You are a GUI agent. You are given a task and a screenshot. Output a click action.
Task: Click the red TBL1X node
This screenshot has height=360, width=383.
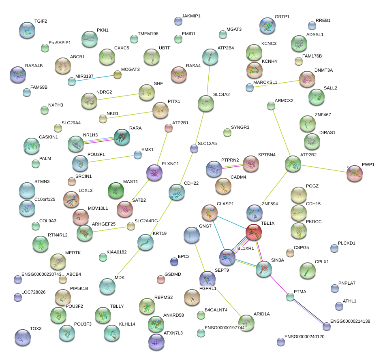pyautogui.click(x=254, y=232)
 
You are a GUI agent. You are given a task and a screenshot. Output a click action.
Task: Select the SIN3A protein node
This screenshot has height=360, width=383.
pyautogui.click(x=264, y=269)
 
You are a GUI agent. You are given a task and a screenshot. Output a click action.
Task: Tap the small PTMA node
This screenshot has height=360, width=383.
pyautogui.click(x=290, y=297)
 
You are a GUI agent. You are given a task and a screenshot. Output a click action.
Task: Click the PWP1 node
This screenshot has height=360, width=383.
pyautogui.click(x=355, y=173)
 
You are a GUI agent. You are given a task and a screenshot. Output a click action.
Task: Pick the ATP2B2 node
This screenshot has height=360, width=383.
pyautogui.click(x=293, y=164)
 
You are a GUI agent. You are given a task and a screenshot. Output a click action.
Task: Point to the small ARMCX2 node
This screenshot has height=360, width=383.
pyautogui.click(x=271, y=106)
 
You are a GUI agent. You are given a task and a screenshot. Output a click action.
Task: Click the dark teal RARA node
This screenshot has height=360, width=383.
pyautogui.click(x=122, y=137)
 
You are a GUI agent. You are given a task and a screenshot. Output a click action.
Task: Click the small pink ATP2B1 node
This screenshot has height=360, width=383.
pyautogui.click(x=169, y=128)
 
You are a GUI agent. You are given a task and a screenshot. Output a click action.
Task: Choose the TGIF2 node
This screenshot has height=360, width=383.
pyautogui.click(x=28, y=29)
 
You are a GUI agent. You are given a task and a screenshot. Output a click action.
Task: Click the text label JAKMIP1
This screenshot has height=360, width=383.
pyautogui.click(x=191, y=16)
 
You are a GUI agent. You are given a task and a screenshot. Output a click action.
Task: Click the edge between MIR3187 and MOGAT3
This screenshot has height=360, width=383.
pyautogui.click(x=94, y=78)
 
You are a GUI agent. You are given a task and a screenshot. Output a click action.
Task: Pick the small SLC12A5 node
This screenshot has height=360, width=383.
pyautogui.click(x=195, y=149)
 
